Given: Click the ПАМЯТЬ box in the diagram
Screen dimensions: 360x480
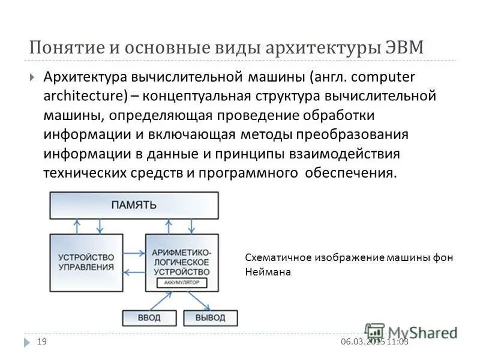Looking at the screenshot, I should click(134, 205).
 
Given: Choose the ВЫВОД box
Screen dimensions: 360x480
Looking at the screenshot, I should click(210, 317).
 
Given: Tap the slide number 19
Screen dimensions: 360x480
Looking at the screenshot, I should click(42, 341).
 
